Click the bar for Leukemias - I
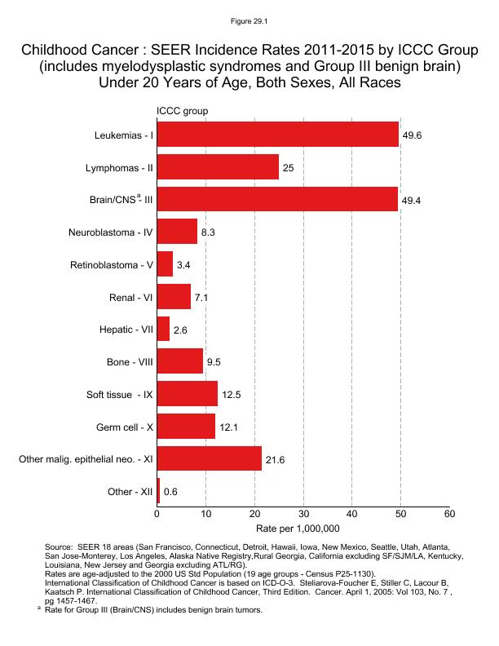point(277,135)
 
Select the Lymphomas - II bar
point(218,167)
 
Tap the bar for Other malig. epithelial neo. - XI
point(210,459)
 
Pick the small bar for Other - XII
point(158,492)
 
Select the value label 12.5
point(230,395)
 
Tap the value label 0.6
point(171,493)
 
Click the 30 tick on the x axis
point(303,514)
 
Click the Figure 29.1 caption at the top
point(249,15)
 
